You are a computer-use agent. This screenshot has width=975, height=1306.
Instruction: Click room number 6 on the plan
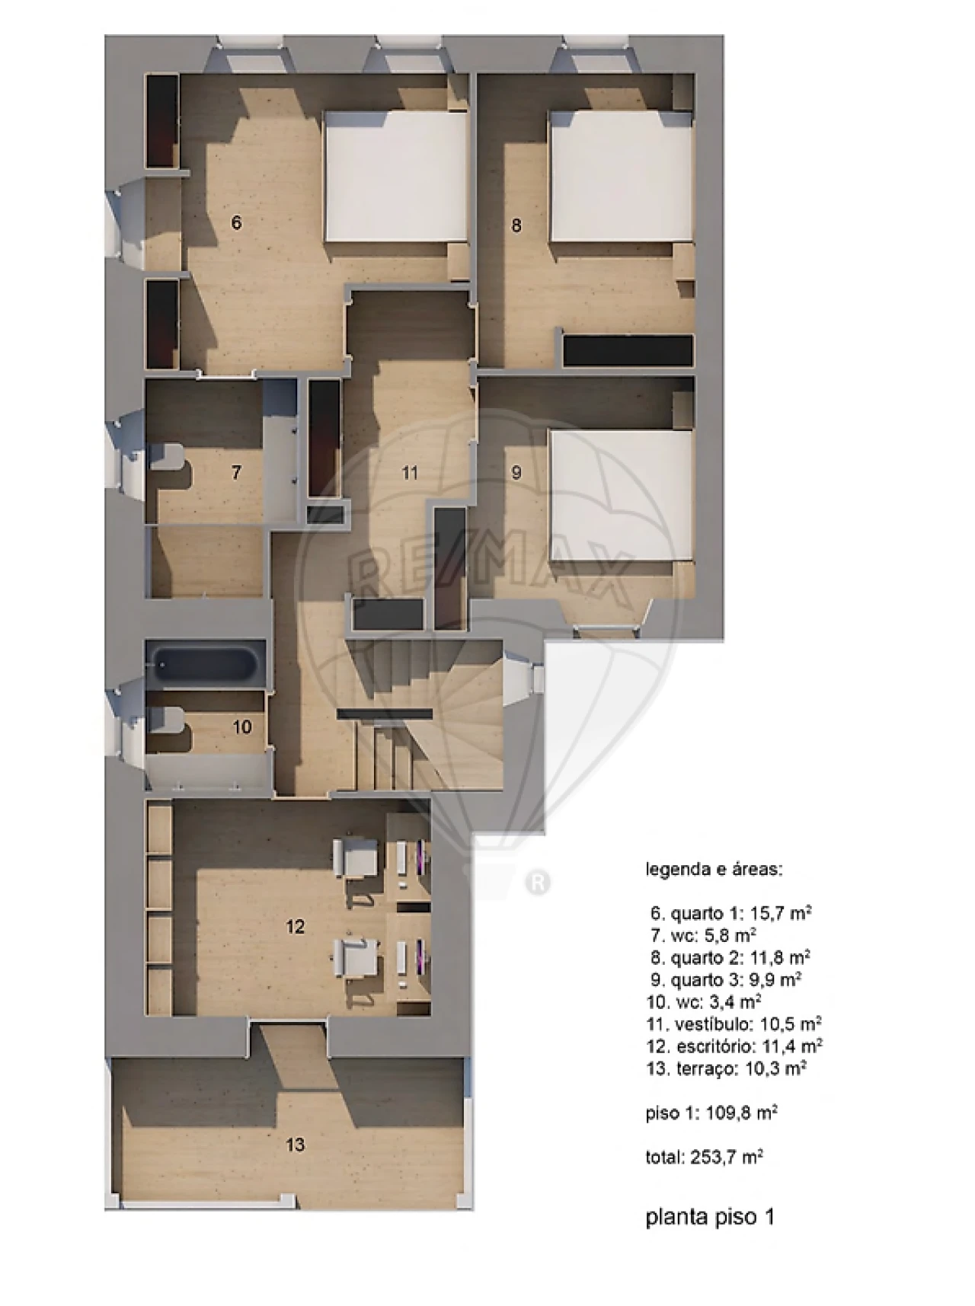coord(236,222)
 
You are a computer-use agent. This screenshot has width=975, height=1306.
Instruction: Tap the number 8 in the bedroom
coord(516,225)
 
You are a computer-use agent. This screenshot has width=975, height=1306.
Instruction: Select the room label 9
coord(516,473)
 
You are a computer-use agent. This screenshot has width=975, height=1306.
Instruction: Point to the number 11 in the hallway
coord(410,473)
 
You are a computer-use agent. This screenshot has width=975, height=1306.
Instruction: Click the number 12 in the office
coord(295,926)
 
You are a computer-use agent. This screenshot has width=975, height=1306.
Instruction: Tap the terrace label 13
coord(295,1144)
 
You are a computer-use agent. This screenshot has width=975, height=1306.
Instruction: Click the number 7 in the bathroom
coord(236,473)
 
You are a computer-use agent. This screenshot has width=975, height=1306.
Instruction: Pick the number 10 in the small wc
coord(242,726)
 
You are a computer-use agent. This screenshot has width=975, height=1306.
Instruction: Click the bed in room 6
coord(396,177)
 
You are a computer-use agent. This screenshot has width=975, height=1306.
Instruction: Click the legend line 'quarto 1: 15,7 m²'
coord(730,912)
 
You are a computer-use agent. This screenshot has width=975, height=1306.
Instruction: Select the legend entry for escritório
coord(734,1046)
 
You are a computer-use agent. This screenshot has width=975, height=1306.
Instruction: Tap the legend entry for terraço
coord(727,1068)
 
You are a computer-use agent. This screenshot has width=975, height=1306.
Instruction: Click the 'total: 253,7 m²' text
coord(705,1157)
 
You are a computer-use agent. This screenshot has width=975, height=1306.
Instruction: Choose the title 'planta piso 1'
coord(710,1217)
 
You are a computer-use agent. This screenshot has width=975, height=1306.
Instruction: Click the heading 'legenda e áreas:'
coord(714,869)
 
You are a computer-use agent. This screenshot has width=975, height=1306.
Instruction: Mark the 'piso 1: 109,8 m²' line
coord(711,1113)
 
